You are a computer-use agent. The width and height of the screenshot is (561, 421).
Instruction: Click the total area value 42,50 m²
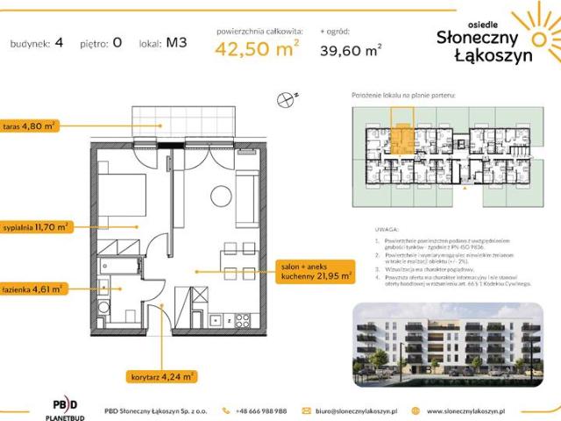[257, 52]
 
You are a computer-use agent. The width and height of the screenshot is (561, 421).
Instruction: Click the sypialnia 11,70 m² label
[36, 225]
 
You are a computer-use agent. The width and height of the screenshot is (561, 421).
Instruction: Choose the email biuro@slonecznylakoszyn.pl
[351, 410]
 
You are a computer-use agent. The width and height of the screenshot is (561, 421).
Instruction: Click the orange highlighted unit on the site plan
[403, 138]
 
